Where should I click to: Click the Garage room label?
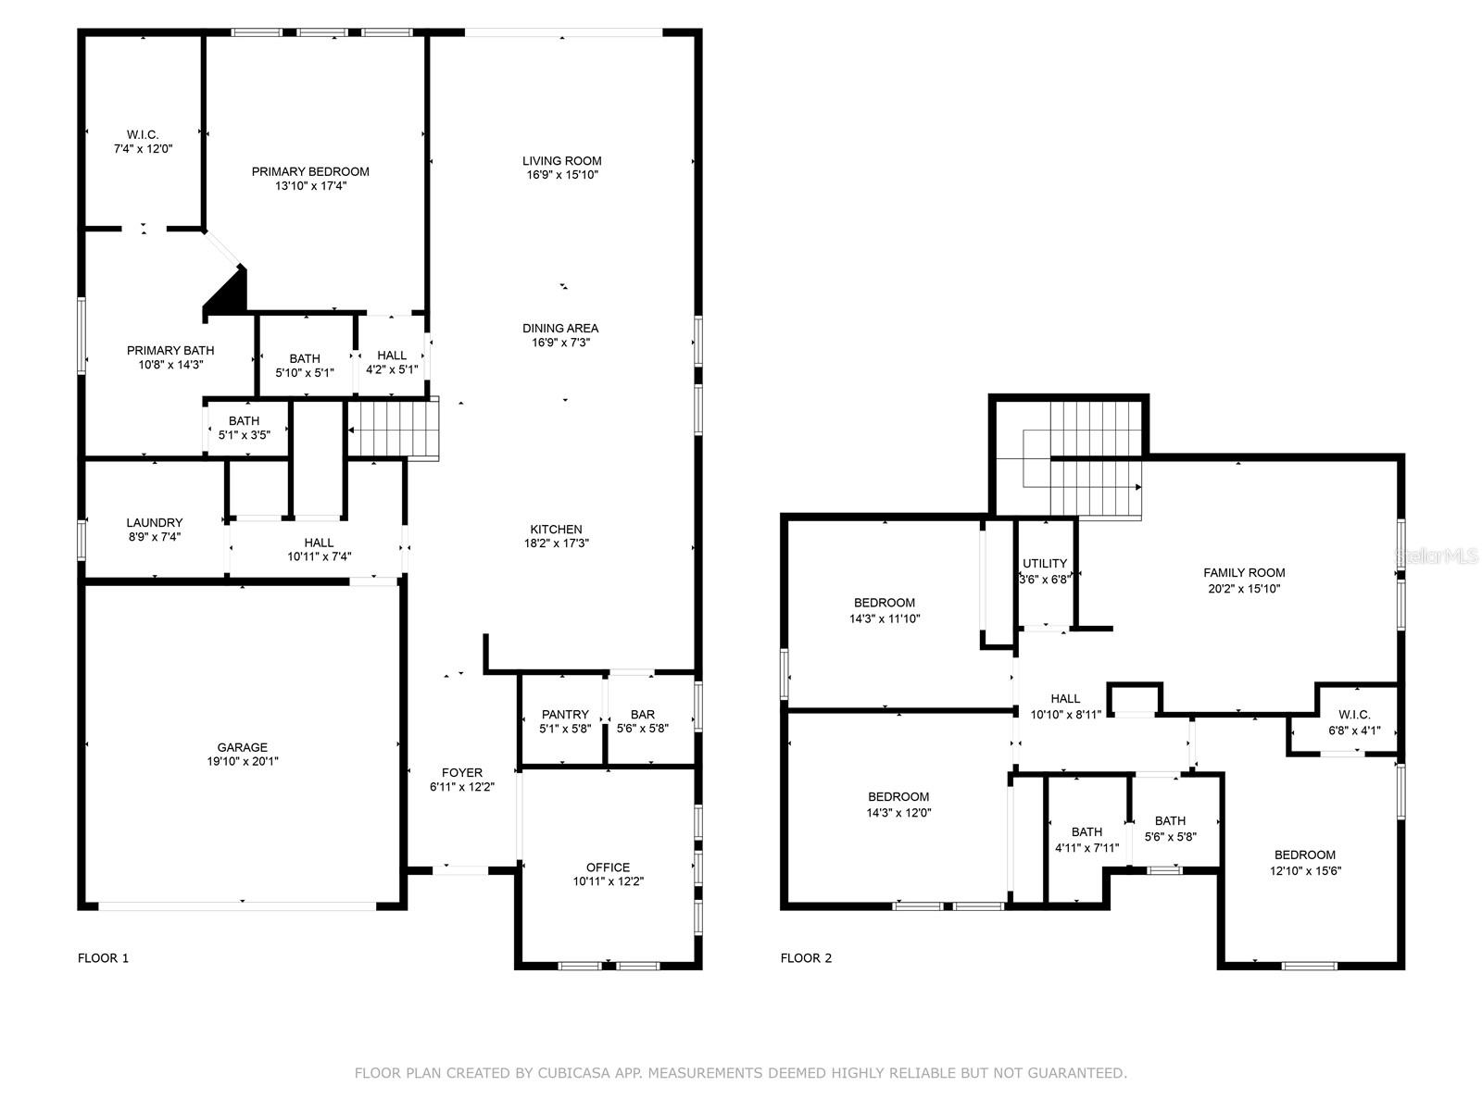(242, 747)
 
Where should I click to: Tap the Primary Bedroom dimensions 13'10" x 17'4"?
(310, 186)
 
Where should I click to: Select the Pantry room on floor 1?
(565, 720)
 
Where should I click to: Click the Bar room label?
(642, 715)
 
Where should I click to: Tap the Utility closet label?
(1045, 563)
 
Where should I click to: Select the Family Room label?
(1243, 573)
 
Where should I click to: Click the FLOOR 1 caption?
(103, 958)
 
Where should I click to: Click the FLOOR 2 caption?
(806, 958)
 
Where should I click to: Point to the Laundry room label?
(155, 522)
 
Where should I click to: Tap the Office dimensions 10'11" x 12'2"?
(608, 882)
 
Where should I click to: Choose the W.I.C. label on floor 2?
(1353, 715)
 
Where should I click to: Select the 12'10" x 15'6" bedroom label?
(1304, 871)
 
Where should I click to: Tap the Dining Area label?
(560, 328)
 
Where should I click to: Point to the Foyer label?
(461, 772)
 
